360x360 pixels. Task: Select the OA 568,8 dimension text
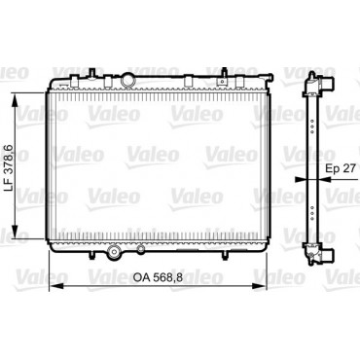(x=158, y=277)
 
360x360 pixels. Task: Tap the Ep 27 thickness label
(x=341, y=168)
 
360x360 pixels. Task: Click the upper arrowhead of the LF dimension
(x=15, y=100)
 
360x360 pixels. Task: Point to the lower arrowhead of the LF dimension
(x=15, y=232)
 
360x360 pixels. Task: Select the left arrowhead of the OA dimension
(x=55, y=286)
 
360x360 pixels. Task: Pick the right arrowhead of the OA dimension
(x=259, y=286)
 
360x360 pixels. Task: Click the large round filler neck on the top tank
(x=127, y=81)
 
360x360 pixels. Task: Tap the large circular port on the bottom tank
(x=114, y=251)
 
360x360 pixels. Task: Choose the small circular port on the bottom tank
(x=141, y=249)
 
